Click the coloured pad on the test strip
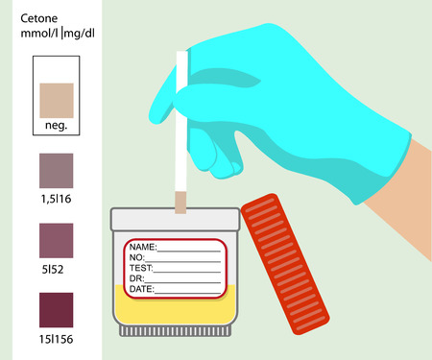click(180, 201)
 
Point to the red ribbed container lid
click(288, 264)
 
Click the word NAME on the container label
click(141, 247)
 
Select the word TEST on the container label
click(140, 268)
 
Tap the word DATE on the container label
click(141, 288)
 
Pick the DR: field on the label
click(135, 278)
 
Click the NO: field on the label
click(135, 257)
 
